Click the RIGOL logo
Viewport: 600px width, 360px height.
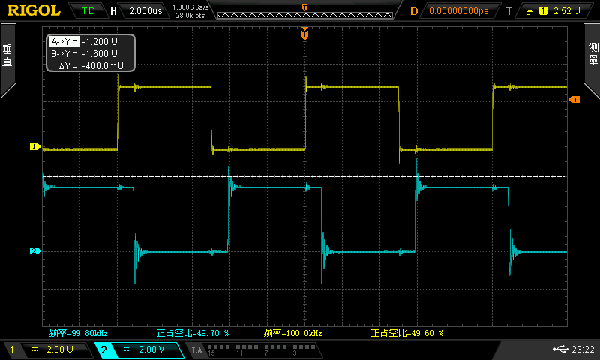34,10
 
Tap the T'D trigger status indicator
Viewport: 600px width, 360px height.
88,11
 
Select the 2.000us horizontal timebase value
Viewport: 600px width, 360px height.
145,11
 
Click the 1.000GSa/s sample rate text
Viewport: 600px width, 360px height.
190,7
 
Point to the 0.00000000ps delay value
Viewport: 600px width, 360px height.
459,11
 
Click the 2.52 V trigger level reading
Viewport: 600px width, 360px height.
567,11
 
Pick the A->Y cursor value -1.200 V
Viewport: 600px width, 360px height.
100,42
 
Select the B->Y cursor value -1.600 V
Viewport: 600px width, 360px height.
100,53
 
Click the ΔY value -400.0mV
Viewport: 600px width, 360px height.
103,66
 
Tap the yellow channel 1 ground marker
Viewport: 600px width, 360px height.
35,146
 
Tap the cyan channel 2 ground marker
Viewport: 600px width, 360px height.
35,251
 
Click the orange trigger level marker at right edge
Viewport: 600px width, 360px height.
574,100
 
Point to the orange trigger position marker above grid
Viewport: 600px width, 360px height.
304,34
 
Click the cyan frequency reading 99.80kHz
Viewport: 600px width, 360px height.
79,333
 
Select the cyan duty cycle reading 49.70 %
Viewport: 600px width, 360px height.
193,333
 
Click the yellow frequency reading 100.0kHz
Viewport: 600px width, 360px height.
292,333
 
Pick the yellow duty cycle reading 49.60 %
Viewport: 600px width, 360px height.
407,333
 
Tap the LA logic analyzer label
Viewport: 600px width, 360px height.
196,350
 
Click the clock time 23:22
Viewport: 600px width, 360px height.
583,349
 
